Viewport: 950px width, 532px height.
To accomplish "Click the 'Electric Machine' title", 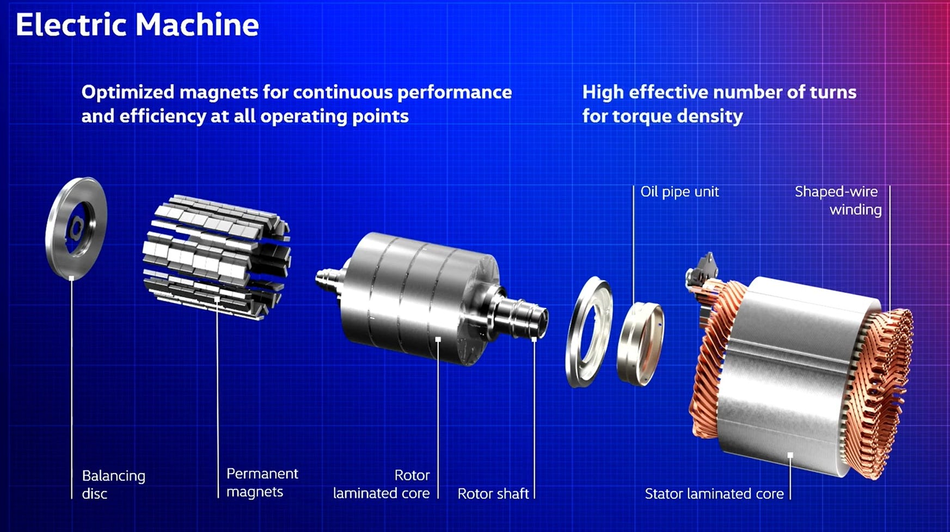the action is point(137,25).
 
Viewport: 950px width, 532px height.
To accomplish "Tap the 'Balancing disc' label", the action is point(114,485).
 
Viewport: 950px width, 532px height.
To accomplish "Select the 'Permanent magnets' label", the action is point(262,482).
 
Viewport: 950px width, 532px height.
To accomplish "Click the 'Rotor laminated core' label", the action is point(381,484).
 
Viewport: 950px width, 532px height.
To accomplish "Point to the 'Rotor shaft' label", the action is point(493,493).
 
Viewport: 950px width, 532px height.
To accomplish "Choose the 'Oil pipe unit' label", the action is point(679,192).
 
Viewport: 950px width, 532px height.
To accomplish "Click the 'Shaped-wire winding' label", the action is point(838,200).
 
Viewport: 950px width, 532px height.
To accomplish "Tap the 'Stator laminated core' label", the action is point(714,493).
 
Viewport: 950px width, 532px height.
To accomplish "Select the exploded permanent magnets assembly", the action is point(216,256).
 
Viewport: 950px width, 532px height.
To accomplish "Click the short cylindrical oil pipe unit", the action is point(640,344).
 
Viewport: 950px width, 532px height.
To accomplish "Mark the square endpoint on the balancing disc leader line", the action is point(71,278).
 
